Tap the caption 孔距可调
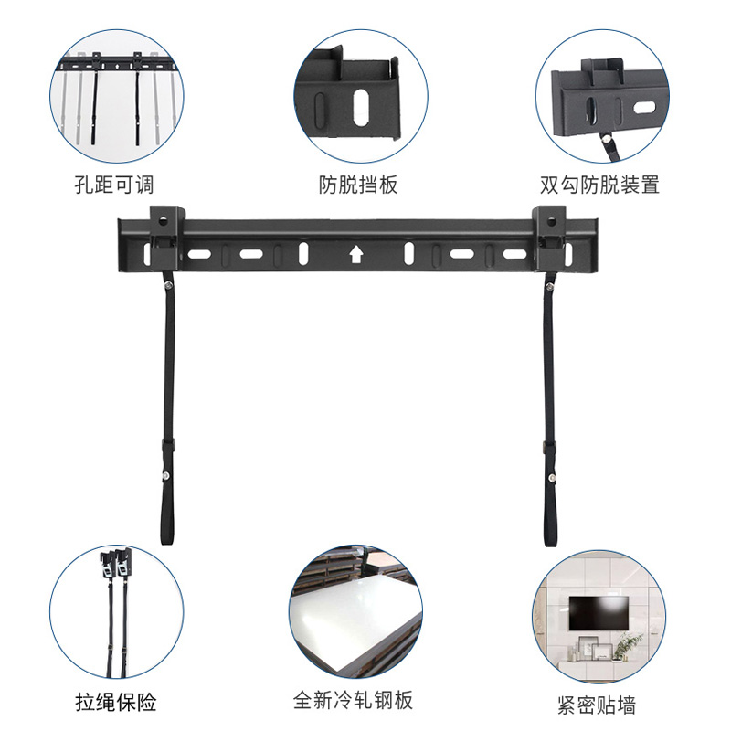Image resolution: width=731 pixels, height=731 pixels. [114, 185]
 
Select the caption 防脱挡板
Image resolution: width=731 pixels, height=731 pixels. [358, 185]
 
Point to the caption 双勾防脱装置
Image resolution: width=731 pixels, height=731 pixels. [599, 185]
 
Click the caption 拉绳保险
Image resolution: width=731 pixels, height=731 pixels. [115, 702]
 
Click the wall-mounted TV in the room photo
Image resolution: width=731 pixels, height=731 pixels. [599, 612]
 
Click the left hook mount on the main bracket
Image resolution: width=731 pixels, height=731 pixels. [163, 228]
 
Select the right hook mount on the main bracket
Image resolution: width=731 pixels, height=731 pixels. [550, 228]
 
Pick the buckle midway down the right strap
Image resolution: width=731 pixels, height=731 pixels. [550, 447]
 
